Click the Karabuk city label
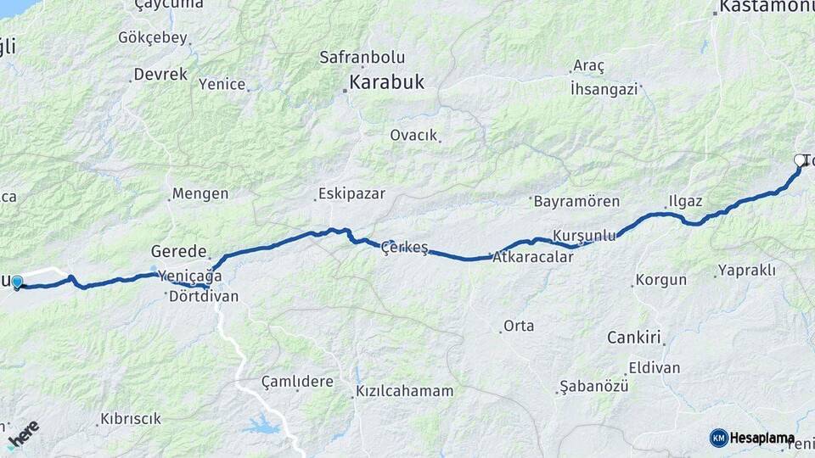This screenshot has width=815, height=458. coord(387,83)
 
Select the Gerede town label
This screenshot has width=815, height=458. coord(179,251)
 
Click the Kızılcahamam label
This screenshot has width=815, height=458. coord(404,392)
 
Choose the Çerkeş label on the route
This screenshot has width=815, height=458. coord(406,247)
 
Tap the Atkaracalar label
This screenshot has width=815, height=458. coord(533,257)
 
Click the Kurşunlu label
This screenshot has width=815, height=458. coord(583,235)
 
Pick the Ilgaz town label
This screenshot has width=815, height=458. coord(685,202)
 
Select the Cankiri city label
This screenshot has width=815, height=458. coord(633,338)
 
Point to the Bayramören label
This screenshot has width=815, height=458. coord(576,202)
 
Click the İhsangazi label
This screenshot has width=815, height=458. coord(604,87)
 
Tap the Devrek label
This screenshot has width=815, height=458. coord(160,75)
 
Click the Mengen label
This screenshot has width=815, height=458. coord(200,193)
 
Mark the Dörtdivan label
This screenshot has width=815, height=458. coord(204,297)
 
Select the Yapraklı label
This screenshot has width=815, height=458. coord(747,271)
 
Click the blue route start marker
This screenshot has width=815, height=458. coord(17,282)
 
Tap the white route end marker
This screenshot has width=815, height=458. coord(800,159)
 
